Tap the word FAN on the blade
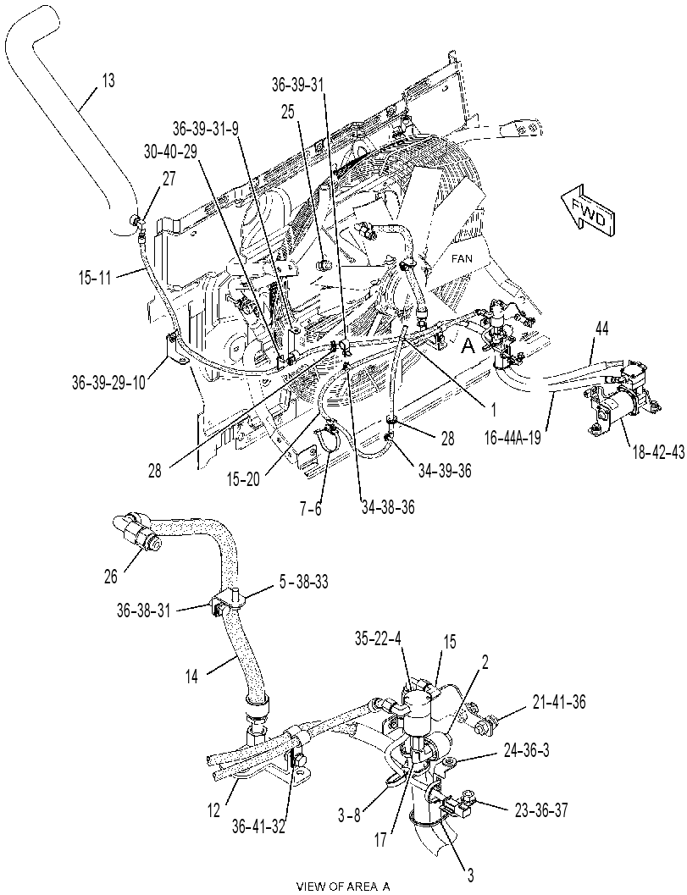[462, 258]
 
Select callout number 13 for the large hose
[107, 80]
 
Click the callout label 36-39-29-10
[109, 381]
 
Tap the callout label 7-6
[310, 507]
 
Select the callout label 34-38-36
[388, 506]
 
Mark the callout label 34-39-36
[444, 470]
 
